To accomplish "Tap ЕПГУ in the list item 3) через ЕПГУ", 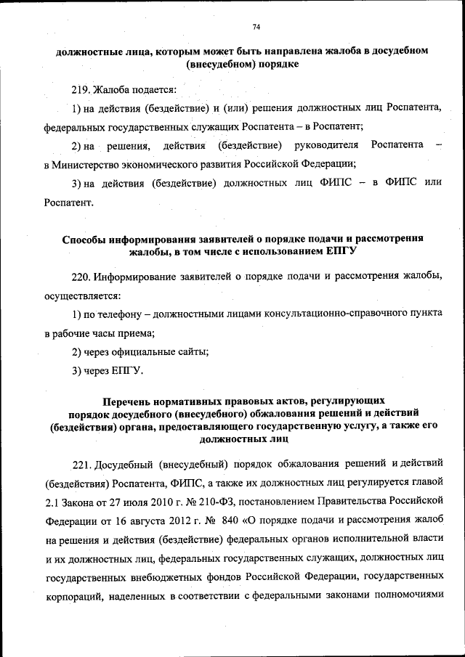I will (x=128, y=372).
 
